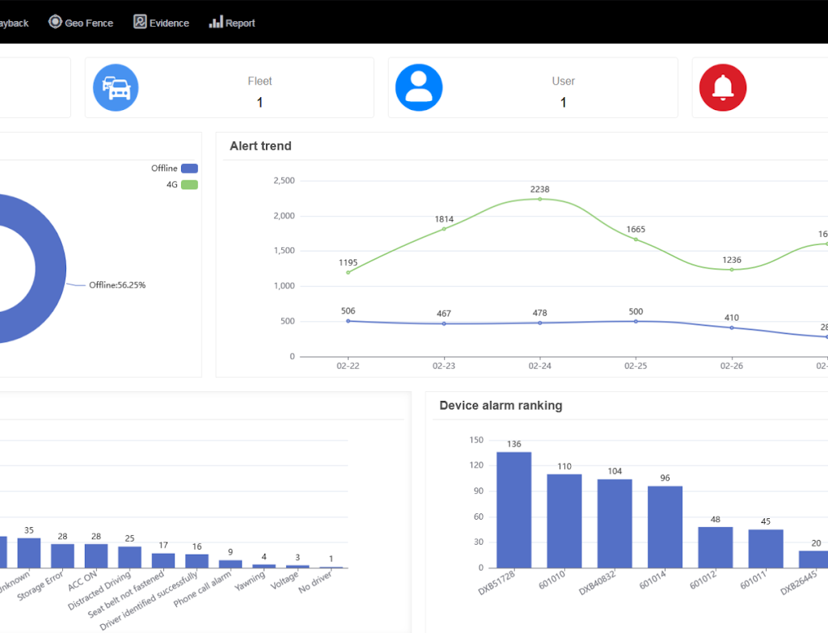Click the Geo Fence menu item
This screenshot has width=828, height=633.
pyautogui.click(x=81, y=23)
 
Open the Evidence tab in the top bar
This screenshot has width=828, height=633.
pyautogui.click(x=161, y=23)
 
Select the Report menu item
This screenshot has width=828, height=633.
pyautogui.click(x=232, y=23)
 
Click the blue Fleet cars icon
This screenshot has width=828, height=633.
pyautogui.click(x=116, y=87)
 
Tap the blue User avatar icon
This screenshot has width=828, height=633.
pyautogui.click(x=419, y=87)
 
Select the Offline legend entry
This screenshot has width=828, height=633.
pyautogui.click(x=174, y=168)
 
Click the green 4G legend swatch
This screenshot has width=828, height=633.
pyautogui.click(x=189, y=184)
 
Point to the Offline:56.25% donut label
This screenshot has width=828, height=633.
pyautogui.click(x=117, y=285)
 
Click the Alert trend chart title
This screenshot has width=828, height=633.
pyautogui.click(x=260, y=146)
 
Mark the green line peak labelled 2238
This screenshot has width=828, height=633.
pyautogui.click(x=540, y=199)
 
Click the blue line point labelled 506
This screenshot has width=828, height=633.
pyautogui.click(x=349, y=321)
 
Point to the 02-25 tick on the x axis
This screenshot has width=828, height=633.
pyautogui.click(x=636, y=366)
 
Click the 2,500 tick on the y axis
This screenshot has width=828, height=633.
pyautogui.click(x=283, y=180)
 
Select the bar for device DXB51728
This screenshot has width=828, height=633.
pyautogui.click(x=513, y=509)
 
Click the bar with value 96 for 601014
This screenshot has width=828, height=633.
pyautogui.click(x=665, y=526)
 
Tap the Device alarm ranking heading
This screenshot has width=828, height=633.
pyautogui.click(x=501, y=406)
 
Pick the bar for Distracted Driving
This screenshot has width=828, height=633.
pyautogui.click(x=129, y=557)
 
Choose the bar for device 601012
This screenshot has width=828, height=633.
pyautogui.click(x=715, y=547)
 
